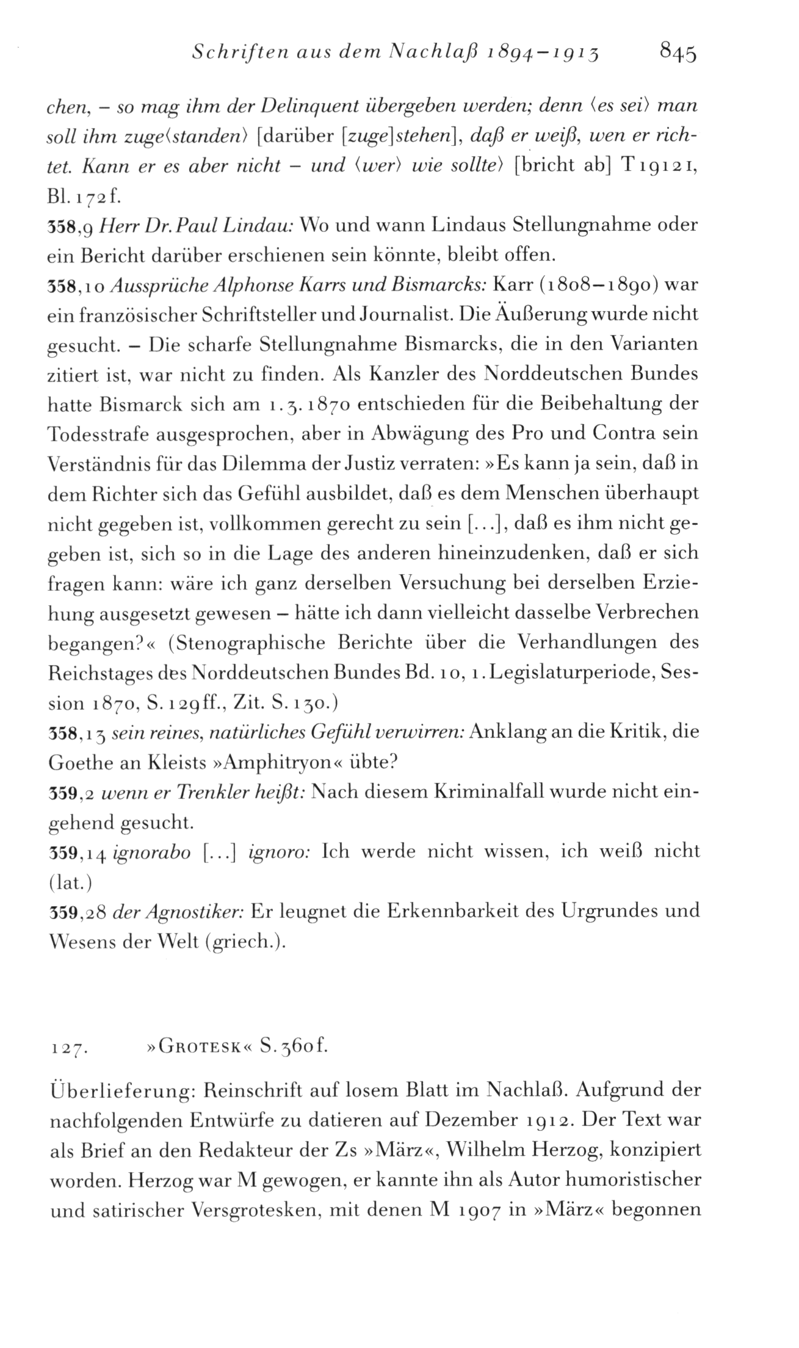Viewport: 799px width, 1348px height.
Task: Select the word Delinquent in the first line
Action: tap(314, 107)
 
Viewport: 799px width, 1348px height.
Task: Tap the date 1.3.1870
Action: tap(306, 405)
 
